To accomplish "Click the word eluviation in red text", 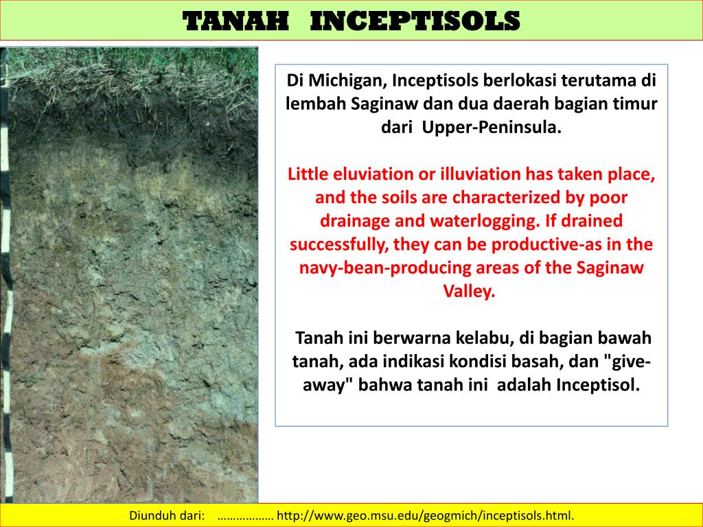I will [369, 174].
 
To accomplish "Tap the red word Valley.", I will [471, 291].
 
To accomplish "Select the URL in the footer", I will [425, 515].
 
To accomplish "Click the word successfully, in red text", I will [340, 244].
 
